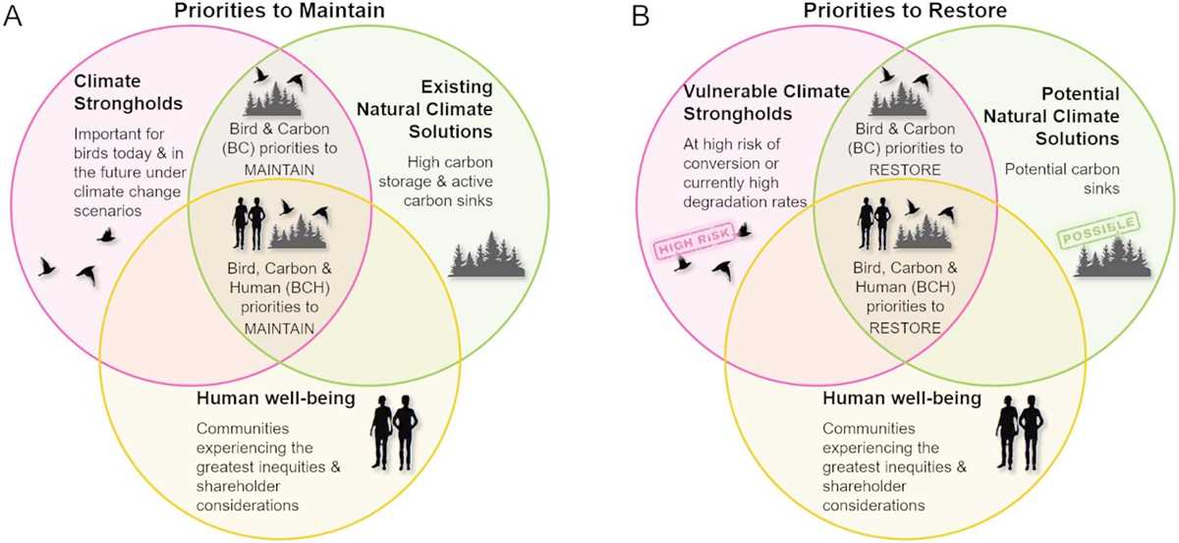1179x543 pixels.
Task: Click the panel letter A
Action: pos(13,17)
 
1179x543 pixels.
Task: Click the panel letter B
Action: pos(641,17)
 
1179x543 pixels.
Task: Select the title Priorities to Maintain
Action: pos(279,11)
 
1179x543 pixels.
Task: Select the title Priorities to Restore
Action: pos(905,11)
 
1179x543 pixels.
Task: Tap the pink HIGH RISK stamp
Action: pos(695,241)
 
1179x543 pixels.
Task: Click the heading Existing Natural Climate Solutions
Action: pos(424,109)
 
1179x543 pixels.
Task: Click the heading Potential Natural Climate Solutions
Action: pos(1051,116)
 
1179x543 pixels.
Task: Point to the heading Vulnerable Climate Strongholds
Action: pos(766,102)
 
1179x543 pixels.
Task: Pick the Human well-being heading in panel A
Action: pos(276,399)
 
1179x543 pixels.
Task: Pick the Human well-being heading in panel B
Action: pos(902,399)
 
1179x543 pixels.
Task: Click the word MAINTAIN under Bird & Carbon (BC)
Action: pos(279,170)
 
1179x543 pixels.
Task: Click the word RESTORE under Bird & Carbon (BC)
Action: pos(905,170)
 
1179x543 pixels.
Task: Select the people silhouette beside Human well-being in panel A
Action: pos(394,432)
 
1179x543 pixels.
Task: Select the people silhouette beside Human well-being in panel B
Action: pos(1020,432)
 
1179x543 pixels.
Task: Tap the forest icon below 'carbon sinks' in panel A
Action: pos(487,254)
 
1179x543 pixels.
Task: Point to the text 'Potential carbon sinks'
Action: pos(1062,179)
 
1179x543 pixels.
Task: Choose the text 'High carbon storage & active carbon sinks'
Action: pos(436,182)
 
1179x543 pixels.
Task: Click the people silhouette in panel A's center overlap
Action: pos(249,224)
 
